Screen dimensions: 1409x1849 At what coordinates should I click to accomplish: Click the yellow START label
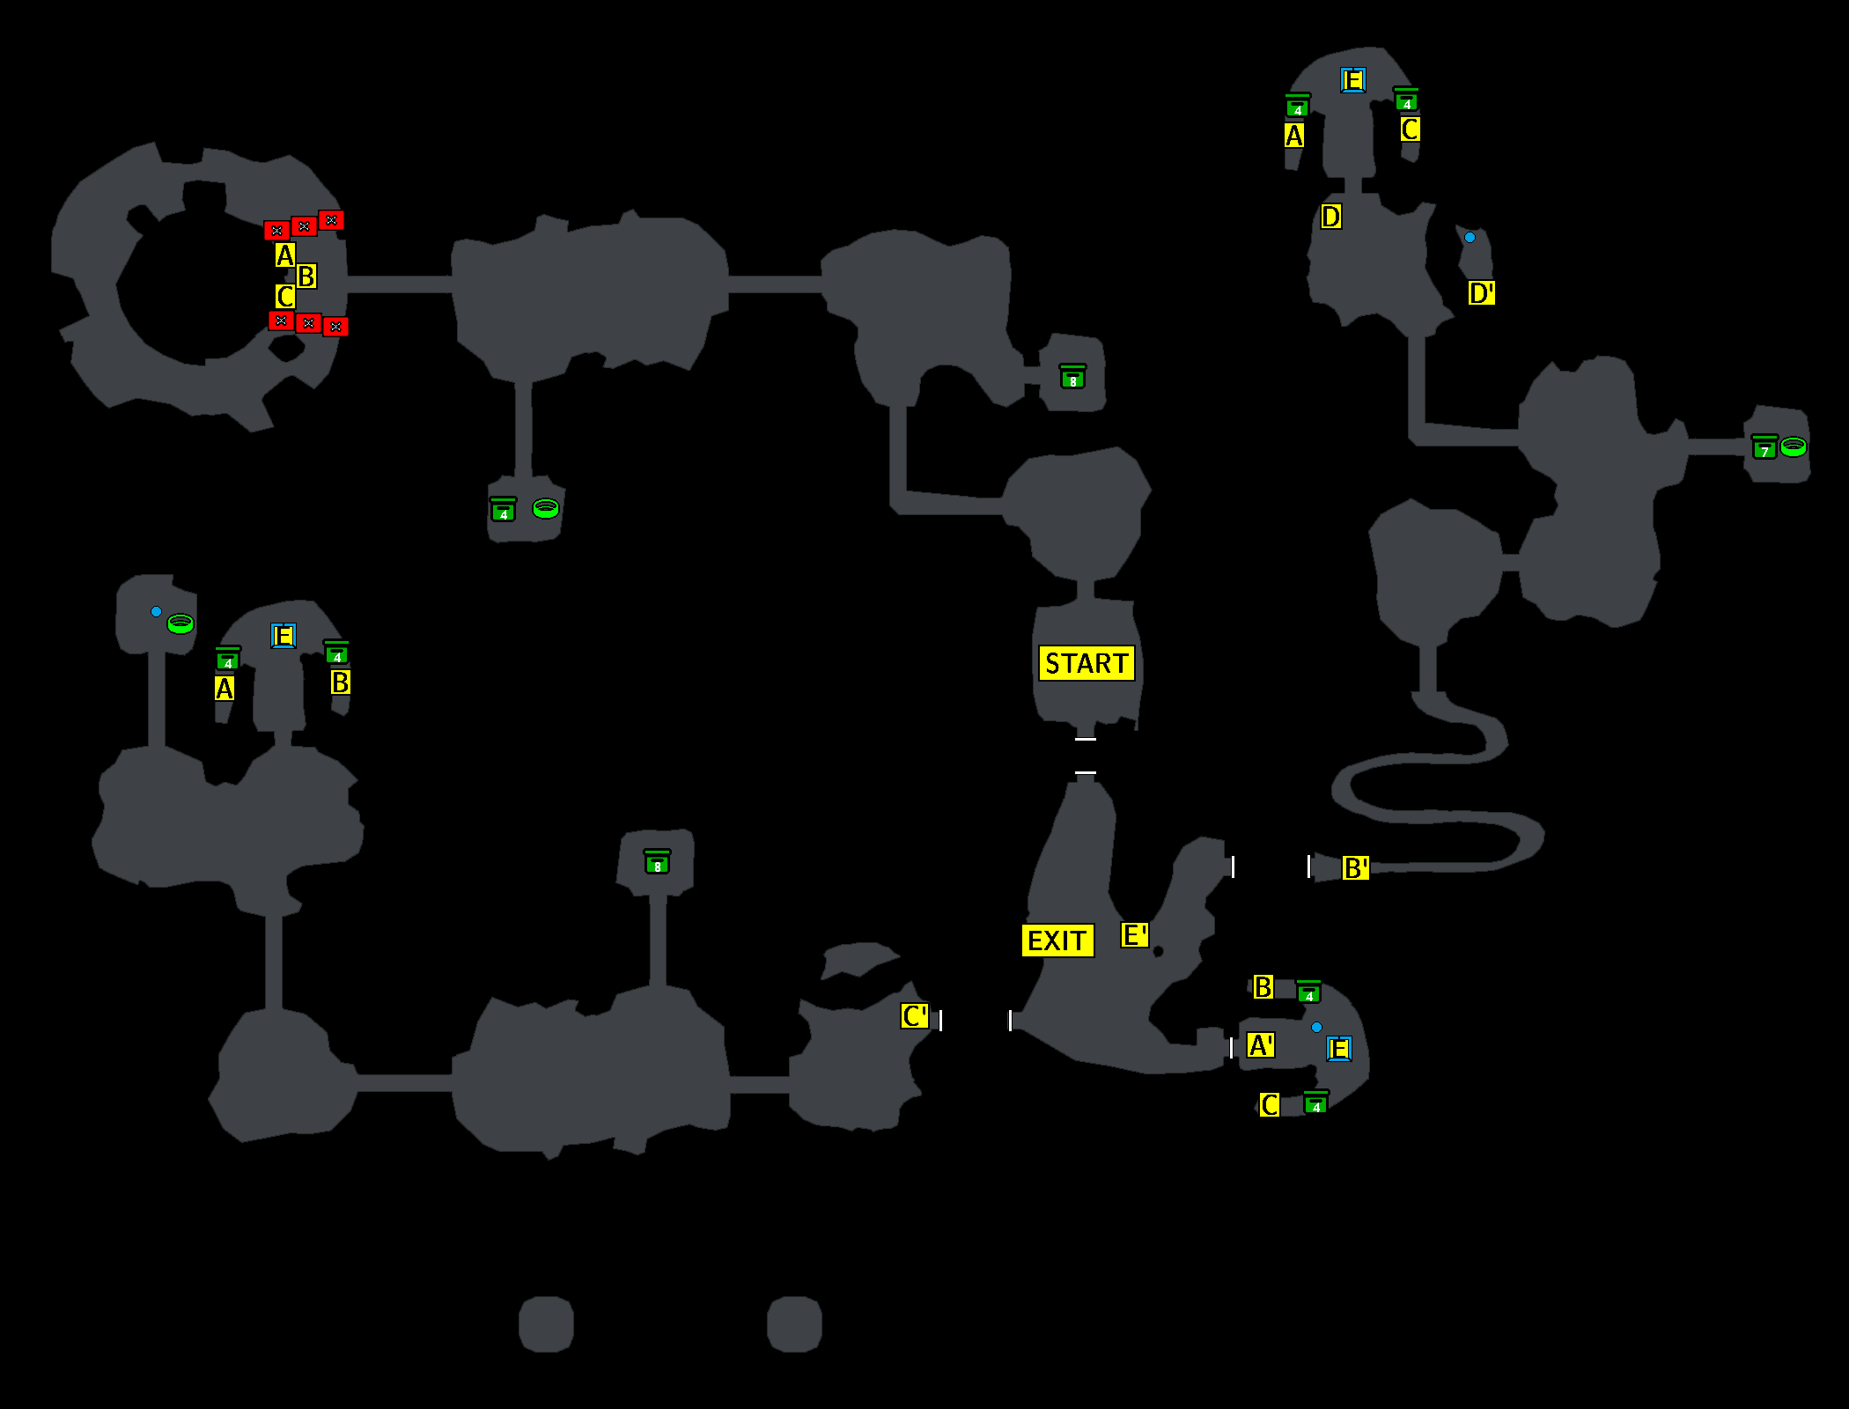click(1087, 663)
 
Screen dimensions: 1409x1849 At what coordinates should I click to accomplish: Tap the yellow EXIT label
click(1057, 941)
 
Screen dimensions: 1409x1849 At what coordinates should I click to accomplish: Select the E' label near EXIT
click(1134, 934)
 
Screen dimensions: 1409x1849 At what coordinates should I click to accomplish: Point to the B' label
click(1355, 868)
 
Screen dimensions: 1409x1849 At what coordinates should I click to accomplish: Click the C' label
click(915, 1016)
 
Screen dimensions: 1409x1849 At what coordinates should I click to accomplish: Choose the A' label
click(1261, 1045)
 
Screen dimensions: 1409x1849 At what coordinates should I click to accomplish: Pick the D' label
click(1481, 292)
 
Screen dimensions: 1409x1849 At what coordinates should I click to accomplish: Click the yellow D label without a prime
click(1330, 217)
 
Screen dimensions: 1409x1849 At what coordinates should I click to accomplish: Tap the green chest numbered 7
click(1764, 448)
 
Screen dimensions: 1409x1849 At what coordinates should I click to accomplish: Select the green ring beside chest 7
click(1794, 446)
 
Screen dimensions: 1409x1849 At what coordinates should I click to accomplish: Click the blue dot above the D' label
click(1470, 238)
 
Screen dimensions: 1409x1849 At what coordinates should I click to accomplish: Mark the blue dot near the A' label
click(1316, 1027)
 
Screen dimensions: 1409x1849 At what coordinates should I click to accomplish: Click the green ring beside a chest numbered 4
click(546, 508)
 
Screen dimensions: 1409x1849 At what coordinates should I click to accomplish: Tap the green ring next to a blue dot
click(180, 623)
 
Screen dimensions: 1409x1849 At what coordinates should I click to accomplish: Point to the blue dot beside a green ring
click(156, 611)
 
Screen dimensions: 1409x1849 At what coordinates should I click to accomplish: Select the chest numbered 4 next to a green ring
click(503, 511)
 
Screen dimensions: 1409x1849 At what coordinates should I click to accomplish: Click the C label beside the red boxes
click(284, 297)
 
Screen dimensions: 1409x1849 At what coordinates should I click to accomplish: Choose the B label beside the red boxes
click(306, 277)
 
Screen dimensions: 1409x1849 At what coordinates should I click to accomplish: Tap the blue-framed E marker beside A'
click(1338, 1049)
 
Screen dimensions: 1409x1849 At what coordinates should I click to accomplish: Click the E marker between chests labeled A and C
click(1352, 81)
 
